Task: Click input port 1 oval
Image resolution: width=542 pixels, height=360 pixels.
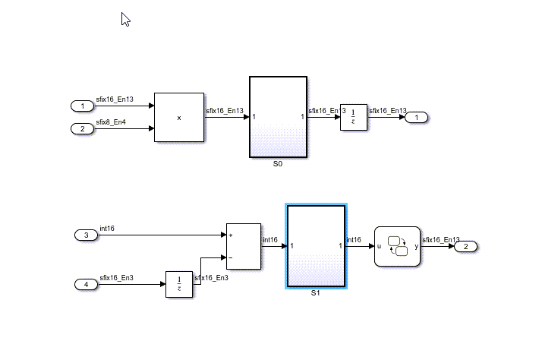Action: click(x=81, y=106)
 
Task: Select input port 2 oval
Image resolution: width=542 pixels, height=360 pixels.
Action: click(x=81, y=128)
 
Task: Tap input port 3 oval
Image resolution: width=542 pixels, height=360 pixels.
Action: click(x=87, y=235)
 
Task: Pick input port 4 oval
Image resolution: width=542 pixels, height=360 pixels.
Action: click(x=87, y=284)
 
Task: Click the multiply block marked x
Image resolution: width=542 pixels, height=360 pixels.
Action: click(x=179, y=117)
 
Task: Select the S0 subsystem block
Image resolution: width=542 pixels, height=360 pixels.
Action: click(x=278, y=117)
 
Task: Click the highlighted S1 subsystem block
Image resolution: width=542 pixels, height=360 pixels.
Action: click(x=316, y=246)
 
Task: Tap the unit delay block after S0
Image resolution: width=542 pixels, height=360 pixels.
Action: click(x=354, y=117)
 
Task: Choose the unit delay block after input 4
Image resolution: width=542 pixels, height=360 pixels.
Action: click(x=179, y=284)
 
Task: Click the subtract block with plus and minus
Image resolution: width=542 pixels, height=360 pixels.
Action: click(x=243, y=246)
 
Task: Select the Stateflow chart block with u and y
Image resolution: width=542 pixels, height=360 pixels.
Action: click(x=397, y=246)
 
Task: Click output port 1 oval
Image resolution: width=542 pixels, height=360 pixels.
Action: click(x=417, y=117)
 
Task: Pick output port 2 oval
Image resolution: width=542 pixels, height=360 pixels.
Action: click(x=466, y=246)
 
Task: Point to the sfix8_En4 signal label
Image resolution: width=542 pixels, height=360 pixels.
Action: click(x=111, y=122)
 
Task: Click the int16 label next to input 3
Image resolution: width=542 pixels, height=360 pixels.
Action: click(x=107, y=228)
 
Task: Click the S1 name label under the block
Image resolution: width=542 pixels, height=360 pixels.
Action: click(x=316, y=293)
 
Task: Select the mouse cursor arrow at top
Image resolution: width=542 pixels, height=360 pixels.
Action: click(x=125, y=19)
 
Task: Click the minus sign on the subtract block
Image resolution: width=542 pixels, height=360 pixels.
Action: click(x=230, y=257)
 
